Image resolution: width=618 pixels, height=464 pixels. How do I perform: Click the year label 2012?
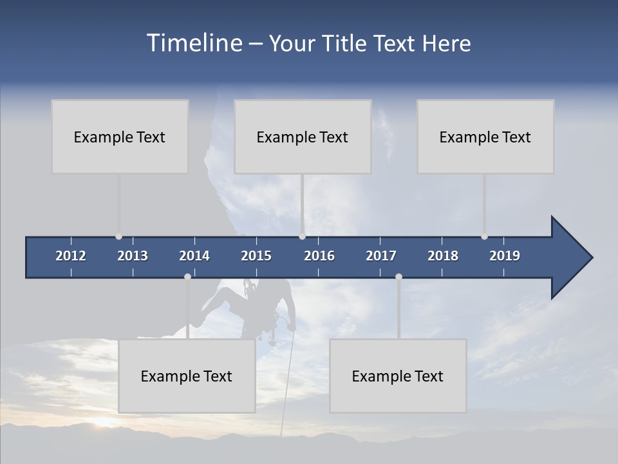point(71,256)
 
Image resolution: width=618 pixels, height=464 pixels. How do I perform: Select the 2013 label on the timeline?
point(133,256)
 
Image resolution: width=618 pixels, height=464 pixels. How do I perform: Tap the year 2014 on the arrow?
point(194,256)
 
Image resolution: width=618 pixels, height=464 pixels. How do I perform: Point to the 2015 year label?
point(256,256)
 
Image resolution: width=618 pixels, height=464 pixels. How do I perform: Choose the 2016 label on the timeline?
point(319,256)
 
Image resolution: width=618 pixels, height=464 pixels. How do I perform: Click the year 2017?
point(381,256)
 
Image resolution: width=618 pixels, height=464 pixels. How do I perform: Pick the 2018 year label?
point(443,256)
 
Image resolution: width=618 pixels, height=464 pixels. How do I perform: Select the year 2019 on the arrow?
point(505,256)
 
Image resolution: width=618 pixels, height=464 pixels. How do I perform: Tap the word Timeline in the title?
point(193,43)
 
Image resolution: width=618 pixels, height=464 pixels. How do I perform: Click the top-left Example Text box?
point(120,137)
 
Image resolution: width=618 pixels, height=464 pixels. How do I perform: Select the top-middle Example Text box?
point(303,137)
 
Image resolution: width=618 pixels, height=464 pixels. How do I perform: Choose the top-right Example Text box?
point(485,137)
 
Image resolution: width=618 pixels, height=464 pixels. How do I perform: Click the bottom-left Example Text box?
point(187,376)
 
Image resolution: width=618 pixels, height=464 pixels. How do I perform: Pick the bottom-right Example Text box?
point(398,376)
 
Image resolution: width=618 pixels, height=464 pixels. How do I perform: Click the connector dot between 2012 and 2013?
point(118,237)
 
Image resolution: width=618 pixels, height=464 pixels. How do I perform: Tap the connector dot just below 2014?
point(187,276)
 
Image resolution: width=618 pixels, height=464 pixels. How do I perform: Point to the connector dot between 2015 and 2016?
point(302,237)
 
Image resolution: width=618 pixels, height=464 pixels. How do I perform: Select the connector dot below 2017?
point(398,276)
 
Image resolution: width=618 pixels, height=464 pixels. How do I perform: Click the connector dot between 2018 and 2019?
point(484,237)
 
